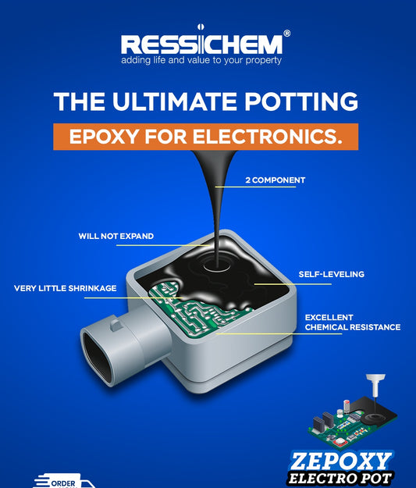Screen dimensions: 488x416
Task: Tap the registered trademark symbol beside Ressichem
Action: (286, 34)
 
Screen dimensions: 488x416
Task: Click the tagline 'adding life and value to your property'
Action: (201, 60)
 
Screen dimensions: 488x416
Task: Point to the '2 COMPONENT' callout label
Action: (276, 180)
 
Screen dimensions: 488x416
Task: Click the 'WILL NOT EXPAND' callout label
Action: (116, 236)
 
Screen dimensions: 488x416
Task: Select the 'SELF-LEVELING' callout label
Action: (331, 274)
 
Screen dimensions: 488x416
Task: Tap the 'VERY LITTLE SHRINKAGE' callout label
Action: (66, 288)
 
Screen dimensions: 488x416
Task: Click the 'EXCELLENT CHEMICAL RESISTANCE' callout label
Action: (352, 322)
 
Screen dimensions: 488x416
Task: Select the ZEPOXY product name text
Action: (342, 459)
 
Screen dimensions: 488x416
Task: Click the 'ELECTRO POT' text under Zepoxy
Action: (340, 478)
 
